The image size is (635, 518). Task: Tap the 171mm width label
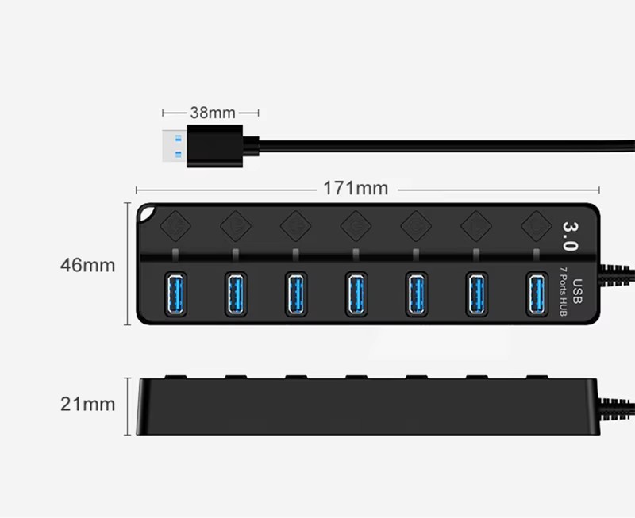click(355, 189)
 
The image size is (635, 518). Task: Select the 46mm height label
click(87, 265)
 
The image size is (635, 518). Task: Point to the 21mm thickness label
click(87, 404)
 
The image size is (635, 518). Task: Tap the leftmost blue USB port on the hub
click(174, 294)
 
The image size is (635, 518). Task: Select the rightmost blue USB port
click(537, 294)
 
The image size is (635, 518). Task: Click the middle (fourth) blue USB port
click(356, 294)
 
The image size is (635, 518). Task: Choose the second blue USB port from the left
click(235, 294)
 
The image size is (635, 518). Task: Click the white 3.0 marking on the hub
click(570, 236)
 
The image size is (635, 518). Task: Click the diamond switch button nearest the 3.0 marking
click(536, 224)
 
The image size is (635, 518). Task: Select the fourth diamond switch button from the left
click(356, 225)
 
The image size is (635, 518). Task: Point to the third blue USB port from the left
click(295, 294)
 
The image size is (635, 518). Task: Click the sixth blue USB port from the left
click(477, 294)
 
